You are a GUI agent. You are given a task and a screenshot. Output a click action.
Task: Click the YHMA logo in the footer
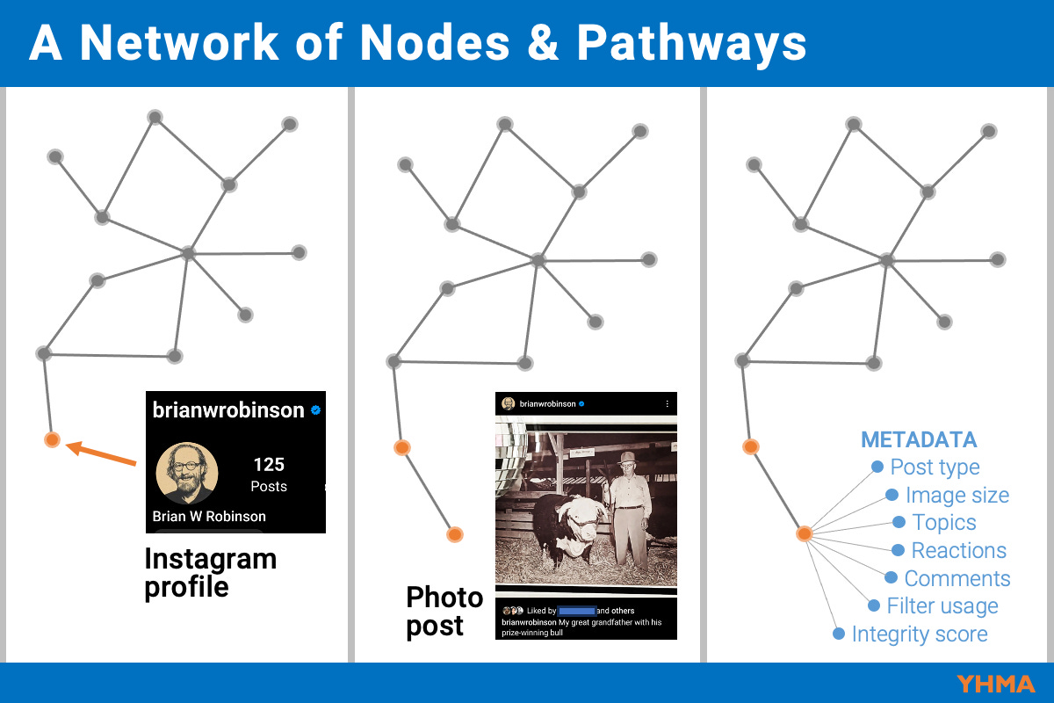tap(996, 684)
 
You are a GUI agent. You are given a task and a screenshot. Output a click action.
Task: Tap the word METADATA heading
tap(919, 440)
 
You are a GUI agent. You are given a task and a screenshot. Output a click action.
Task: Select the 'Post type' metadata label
tap(935, 467)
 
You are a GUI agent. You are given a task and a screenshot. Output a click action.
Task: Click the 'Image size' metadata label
tap(957, 496)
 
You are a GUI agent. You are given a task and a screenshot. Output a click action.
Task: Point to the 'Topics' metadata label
tap(944, 523)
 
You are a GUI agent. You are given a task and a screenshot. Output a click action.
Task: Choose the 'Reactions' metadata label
tap(958, 551)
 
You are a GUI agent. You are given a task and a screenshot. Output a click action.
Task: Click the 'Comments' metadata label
tap(957, 579)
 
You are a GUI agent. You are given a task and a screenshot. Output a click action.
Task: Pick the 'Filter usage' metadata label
tap(942, 606)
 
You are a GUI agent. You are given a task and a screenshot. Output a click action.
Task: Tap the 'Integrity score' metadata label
tap(919, 634)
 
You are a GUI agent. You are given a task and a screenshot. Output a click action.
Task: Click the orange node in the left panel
tap(52, 439)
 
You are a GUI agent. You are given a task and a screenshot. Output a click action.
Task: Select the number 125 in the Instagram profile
tap(269, 465)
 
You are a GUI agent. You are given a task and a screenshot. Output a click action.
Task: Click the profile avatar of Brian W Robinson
tap(187, 471)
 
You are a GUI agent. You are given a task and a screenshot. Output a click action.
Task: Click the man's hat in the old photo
tap(626, 457)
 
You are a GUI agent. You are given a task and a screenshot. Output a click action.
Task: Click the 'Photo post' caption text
tap(444, 612)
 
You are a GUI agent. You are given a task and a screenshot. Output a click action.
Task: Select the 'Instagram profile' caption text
tap(210, 572)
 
